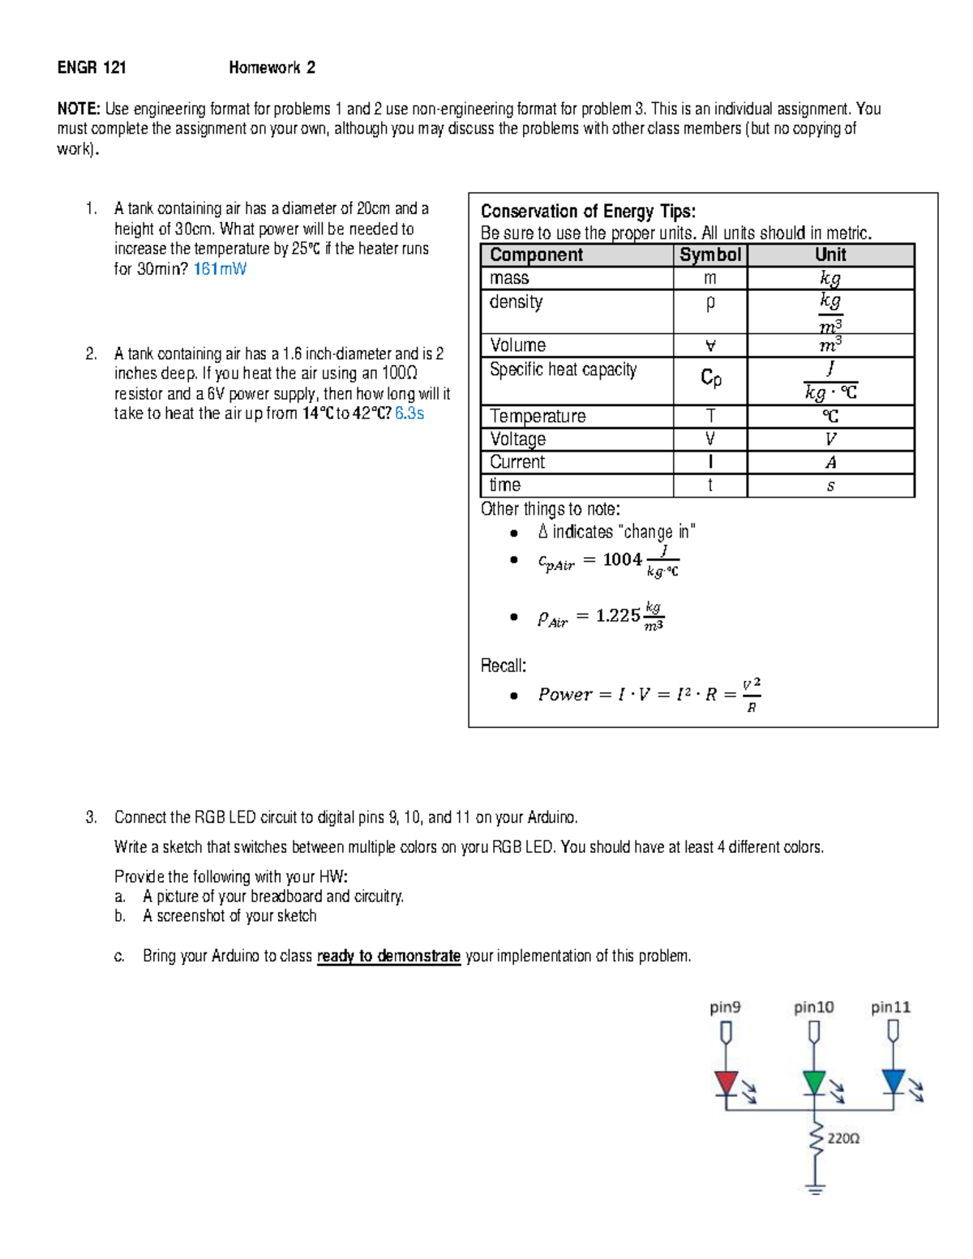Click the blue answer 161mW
tap(220, 269)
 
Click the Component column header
tap(536, 255)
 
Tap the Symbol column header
tap(709, 255)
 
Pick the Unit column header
tap(830, 255)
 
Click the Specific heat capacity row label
tap(563, 370)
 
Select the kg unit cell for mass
tap(830, 278)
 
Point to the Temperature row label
tap(538, 416)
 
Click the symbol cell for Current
tap(710, 462)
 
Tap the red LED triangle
tap(727, 1082)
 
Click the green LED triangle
tap(814, 1082)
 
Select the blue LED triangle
tap(893, 1081)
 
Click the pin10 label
tap(813, 1008)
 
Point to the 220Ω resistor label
tap(843, 1138)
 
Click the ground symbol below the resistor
tap(815, 1189)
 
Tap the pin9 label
tap(725, 1008)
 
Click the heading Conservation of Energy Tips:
tap(588, 212)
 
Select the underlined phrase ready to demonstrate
tap(388, 956)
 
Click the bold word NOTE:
tap(79, 109)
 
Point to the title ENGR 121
tap(92, 68)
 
